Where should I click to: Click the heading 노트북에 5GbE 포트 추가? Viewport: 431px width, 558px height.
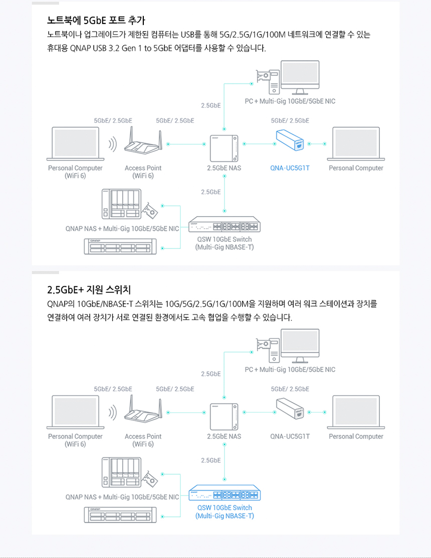pyautogui.click(x=96, y=21)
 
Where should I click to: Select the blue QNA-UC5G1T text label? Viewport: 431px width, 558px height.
pyautogui.click(x=290, y=168)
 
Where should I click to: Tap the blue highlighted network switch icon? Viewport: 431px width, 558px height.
pyautogui.click(x=225, y=495)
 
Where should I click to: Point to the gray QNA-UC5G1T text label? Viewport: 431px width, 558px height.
pyautogui.click(x=290, y=436)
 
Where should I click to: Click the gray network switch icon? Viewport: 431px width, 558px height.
pyautogui.click(x=225, y=227)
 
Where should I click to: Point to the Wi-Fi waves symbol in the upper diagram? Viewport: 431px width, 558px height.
pyautogui.click(x=113, y=144)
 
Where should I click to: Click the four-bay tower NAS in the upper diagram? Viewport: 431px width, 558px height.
pyautogui.click(x=121, y=205)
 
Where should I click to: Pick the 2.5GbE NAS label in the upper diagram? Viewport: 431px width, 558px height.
pyautogui.click(x=224, y=168)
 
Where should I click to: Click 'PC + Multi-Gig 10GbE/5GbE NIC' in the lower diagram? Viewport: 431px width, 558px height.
pyautogui.click(x=290, y=369)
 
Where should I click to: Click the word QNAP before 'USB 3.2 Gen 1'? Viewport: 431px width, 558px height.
pyautogui.click(x=80, y=49)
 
